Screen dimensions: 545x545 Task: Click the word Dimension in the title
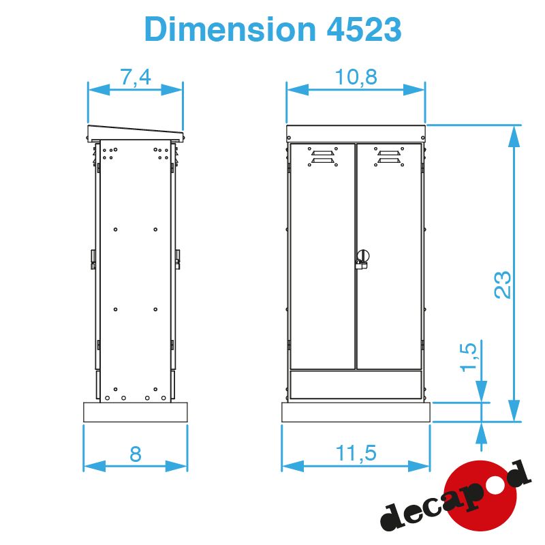230,29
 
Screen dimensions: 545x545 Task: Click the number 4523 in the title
364,29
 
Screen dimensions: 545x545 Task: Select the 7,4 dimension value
136,77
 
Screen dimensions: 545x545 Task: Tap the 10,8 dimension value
356,77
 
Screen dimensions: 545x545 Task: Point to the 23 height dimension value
503,284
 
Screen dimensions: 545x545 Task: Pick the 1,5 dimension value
469,357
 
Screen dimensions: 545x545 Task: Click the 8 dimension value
136,454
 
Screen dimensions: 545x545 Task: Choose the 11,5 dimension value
356,453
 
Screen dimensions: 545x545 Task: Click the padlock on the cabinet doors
362,260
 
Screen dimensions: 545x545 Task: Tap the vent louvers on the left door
322,157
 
